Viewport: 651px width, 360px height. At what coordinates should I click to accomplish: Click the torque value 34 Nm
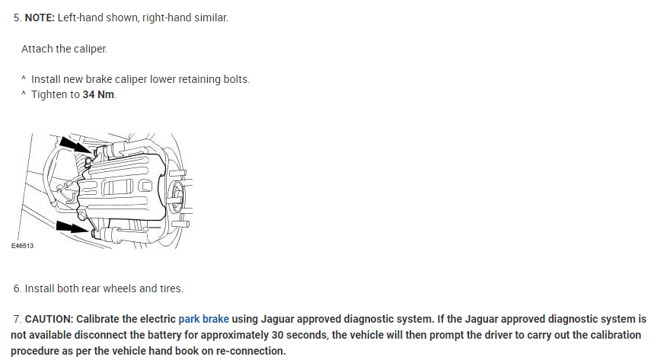99,95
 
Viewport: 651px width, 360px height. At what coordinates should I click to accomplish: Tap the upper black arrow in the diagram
73,145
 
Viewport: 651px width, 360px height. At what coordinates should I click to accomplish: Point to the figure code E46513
23,247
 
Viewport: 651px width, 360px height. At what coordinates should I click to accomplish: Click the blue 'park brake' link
203,319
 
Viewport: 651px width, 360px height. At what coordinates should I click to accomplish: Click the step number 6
17,289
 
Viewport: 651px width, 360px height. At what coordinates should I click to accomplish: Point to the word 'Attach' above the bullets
37,49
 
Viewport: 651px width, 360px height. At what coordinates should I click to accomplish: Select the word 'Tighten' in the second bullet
49,95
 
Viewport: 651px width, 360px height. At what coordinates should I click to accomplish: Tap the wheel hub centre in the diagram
177,190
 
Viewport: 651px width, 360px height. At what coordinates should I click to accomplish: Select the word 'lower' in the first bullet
152,79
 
